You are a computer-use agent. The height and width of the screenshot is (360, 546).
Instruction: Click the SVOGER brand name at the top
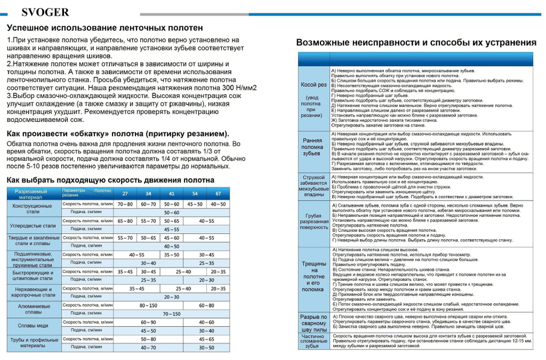[46, 12]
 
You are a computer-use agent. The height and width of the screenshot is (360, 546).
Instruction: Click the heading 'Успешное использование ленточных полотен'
[105, 28]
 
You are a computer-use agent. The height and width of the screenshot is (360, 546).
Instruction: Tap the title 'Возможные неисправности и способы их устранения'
[416, 43]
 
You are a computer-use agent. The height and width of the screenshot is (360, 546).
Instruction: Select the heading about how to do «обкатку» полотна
[118, 134]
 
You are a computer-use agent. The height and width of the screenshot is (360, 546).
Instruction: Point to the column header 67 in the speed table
[218, 194]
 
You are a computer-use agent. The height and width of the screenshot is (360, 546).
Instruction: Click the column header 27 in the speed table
[125, 194]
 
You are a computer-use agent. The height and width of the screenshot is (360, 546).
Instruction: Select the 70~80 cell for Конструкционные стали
[125, 204]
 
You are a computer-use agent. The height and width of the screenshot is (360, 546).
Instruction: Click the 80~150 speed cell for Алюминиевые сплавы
[149, 305]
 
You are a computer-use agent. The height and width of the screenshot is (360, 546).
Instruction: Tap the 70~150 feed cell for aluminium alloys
[171, 314]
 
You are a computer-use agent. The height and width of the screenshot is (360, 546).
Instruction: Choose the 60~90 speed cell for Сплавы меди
[149, 322]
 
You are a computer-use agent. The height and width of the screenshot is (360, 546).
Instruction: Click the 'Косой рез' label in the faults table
[313, 85]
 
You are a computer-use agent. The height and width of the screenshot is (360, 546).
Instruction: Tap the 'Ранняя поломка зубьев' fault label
[313, 147]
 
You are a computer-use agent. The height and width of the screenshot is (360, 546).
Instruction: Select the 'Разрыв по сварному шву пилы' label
[313, 323]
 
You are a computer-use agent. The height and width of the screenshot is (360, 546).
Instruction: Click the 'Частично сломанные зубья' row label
[313, 341]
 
